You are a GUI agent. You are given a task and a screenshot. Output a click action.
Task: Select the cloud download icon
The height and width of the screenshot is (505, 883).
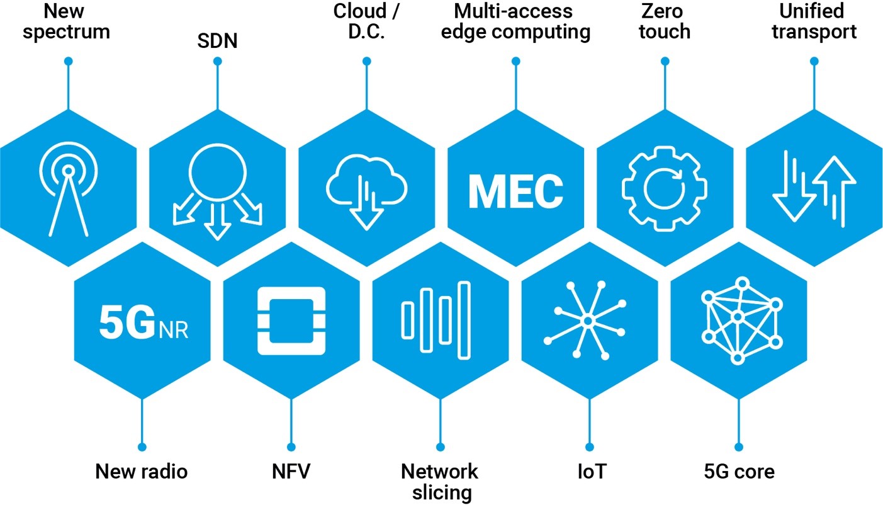point(366,191)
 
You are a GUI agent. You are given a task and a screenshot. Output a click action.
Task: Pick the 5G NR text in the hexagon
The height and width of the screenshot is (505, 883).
point(143,321)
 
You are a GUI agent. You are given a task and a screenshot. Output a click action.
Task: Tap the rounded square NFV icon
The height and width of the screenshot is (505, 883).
point(291,321)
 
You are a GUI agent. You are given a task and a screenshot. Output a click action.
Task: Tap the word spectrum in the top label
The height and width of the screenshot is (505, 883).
point(66,31)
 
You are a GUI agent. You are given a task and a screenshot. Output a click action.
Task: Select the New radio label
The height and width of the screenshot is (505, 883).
point(142,471)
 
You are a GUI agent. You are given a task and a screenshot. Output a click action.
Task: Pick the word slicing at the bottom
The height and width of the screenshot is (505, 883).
point(442,492)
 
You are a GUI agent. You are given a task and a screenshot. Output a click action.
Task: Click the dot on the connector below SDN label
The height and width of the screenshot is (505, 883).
point(218,61)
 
